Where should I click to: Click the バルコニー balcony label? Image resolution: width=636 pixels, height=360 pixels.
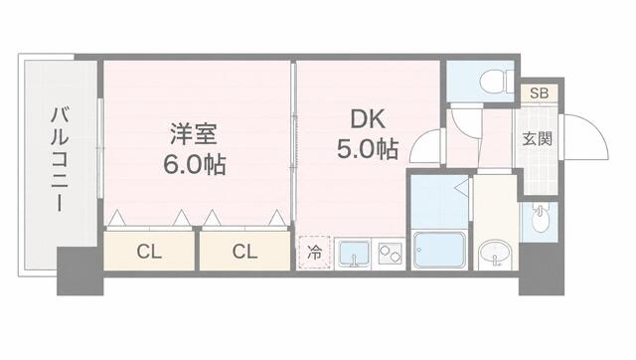pyautogui.click(x=60, y=159)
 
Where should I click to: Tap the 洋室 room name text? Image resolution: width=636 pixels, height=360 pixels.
pyautogui.click(x=194, y=134)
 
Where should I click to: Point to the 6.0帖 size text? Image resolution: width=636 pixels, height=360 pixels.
pyautogui.click(x=195, y=164)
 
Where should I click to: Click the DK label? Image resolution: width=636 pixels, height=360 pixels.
pyautogui.click(x=368, y=119)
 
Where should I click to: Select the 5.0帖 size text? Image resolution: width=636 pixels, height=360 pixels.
pyautogui.click(x=368, y=149)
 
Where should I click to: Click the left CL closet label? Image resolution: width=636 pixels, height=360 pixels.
pyautogui.click(x=149, y=252)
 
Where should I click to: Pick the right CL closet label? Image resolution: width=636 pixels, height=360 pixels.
pyautogui.click(x=244, y=252)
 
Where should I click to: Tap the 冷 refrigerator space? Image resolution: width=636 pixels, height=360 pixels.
pyautogui.click(x=314, y=253)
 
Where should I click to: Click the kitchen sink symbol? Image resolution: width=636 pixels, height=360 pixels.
pyautogui.click(x=354, y=255)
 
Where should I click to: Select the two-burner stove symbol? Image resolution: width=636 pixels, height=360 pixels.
pyautogui.click(x=390, y=253)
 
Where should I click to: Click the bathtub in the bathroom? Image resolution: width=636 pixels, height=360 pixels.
pyautogui.click(x=439, y=250)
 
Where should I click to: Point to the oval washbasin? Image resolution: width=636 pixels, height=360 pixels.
pyautogui.click(x=495, y=253)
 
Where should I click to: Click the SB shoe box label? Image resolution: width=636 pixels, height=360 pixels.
pyautogui.click(x=539, y=93)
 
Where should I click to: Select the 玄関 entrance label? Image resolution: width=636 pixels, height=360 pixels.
pyautogui.click(x=537, y=139)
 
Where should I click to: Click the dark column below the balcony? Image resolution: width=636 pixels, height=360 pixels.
pyautogui.click(x=79, y=271)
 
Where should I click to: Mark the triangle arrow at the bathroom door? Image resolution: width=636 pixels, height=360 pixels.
pyautogui.click(x=461, y=188)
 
